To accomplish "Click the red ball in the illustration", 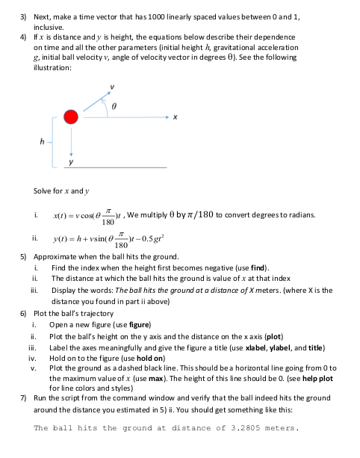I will [71, 117].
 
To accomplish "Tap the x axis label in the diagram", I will [173, 117].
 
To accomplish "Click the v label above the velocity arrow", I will [114, 85].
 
